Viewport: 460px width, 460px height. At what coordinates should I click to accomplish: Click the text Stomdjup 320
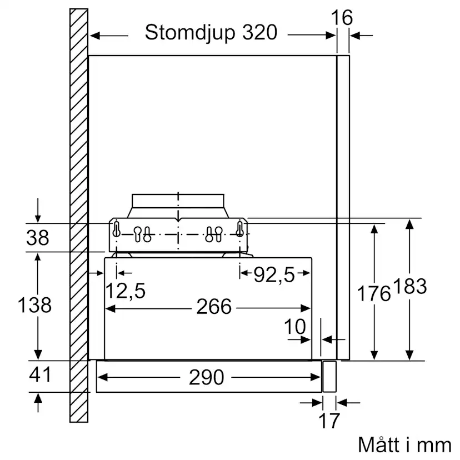tap(211, 33)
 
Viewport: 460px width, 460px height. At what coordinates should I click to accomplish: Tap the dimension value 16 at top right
tap(342, 18)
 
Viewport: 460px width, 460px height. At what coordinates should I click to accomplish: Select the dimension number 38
tap(37, 238)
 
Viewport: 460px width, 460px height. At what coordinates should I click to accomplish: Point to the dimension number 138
tap(34, 304)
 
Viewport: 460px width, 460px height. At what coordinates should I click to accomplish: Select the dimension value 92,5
tap(274, 274)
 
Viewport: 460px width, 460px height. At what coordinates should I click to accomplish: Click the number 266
tap(214, 307)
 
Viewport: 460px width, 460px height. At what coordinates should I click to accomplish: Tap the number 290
tap(206, 378)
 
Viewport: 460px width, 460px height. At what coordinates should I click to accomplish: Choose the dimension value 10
tap(296, 327)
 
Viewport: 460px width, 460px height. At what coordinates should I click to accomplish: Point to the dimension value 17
tap(329, 421)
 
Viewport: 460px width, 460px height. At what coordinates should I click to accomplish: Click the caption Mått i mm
tap(404, 445)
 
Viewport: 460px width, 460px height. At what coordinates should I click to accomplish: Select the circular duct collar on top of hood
tap(178, 205)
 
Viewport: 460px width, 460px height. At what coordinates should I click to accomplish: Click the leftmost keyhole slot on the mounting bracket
tap(117, 229)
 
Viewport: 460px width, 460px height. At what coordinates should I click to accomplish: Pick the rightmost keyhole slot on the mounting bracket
tap(240, 229)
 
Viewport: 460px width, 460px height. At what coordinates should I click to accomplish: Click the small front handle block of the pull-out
tap(329, 377)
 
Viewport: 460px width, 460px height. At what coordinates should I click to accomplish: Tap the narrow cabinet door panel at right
tap(343, 206)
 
